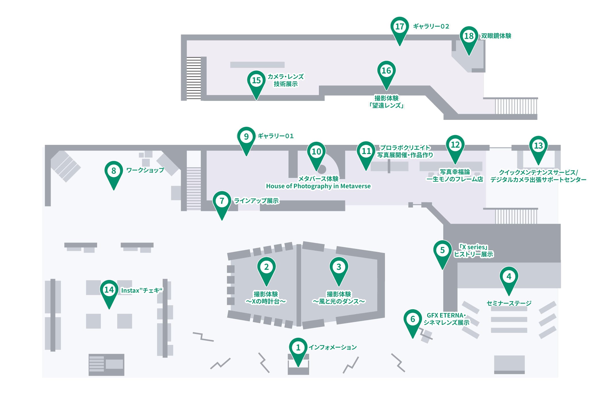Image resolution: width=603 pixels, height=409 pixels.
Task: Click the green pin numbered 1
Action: (298, 348)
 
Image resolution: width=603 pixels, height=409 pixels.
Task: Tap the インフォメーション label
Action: (333, 347)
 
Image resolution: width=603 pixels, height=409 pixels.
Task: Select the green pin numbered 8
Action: (114, 171)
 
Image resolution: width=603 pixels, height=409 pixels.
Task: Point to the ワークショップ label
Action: (145, 170)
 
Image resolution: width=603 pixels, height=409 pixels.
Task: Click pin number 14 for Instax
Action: (109, 290)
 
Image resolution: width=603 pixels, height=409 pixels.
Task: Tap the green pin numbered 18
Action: (469, 37)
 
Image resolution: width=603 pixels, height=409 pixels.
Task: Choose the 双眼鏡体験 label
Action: (496, 36)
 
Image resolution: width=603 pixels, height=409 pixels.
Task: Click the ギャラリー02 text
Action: (431, 26)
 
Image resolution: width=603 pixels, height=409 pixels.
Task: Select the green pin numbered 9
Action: (246, 137)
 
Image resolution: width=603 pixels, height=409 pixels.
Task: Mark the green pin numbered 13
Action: (538, 146)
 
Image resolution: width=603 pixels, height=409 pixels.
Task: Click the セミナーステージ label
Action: (509, 303)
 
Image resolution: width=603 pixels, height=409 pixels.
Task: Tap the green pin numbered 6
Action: (413, 319)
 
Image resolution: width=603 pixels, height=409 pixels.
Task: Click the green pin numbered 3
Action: (339, 267)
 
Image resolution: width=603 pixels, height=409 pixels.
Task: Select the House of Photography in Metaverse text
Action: (318, 186)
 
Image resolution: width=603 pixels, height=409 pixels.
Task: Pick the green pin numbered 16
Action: (386, 71)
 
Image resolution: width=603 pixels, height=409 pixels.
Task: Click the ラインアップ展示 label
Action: (256, 201)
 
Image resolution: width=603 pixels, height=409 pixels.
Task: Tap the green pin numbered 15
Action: (256, 81)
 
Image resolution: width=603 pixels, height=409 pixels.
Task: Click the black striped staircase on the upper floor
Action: (194, 78)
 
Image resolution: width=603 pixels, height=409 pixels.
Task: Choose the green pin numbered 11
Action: (366, 151)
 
